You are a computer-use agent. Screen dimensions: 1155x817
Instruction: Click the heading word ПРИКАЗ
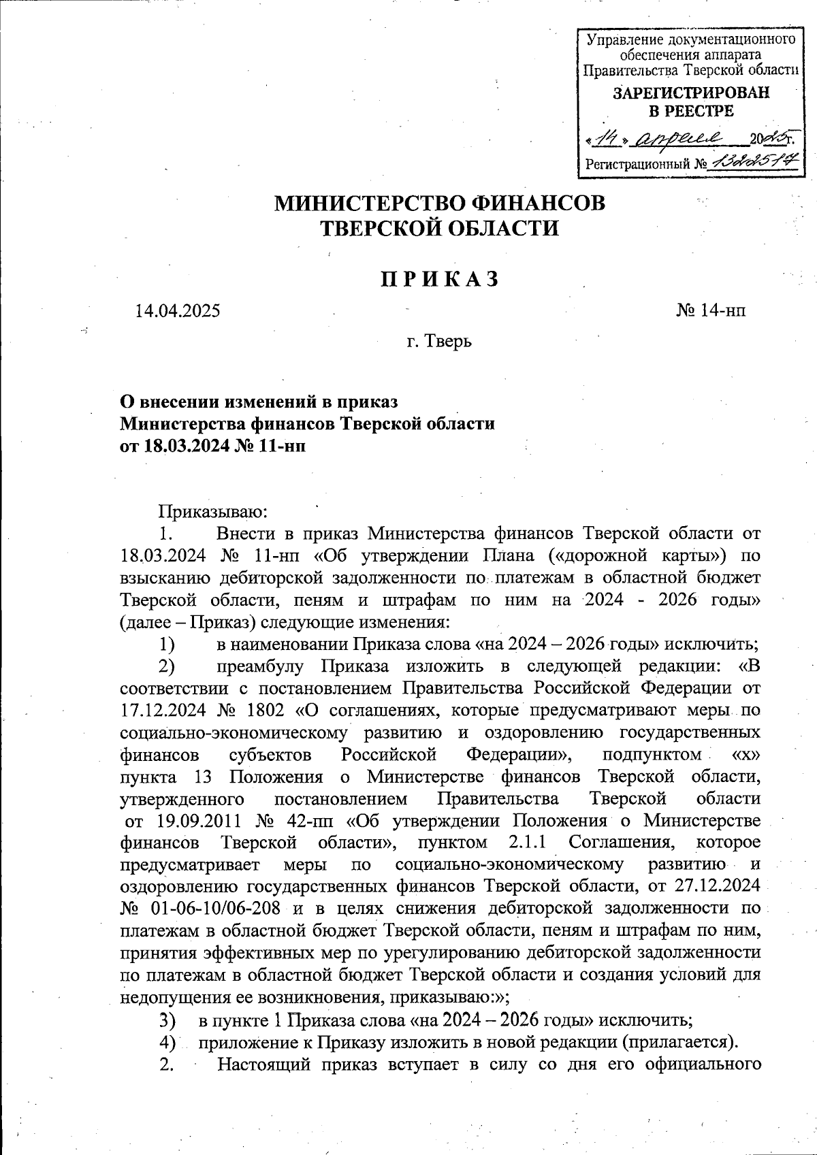click(439, 279)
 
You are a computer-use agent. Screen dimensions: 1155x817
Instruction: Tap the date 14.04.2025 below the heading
click(178, 311)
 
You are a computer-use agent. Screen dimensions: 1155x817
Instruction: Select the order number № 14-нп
click(711, 311)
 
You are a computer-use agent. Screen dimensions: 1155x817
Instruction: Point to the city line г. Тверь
click(439, 340)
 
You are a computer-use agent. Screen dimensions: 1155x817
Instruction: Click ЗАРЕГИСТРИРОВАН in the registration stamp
click(691, 93)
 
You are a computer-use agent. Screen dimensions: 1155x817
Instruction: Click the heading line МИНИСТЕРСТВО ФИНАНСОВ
click(439, 204)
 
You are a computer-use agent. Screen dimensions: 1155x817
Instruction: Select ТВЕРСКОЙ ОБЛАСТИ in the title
click(439, 228)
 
